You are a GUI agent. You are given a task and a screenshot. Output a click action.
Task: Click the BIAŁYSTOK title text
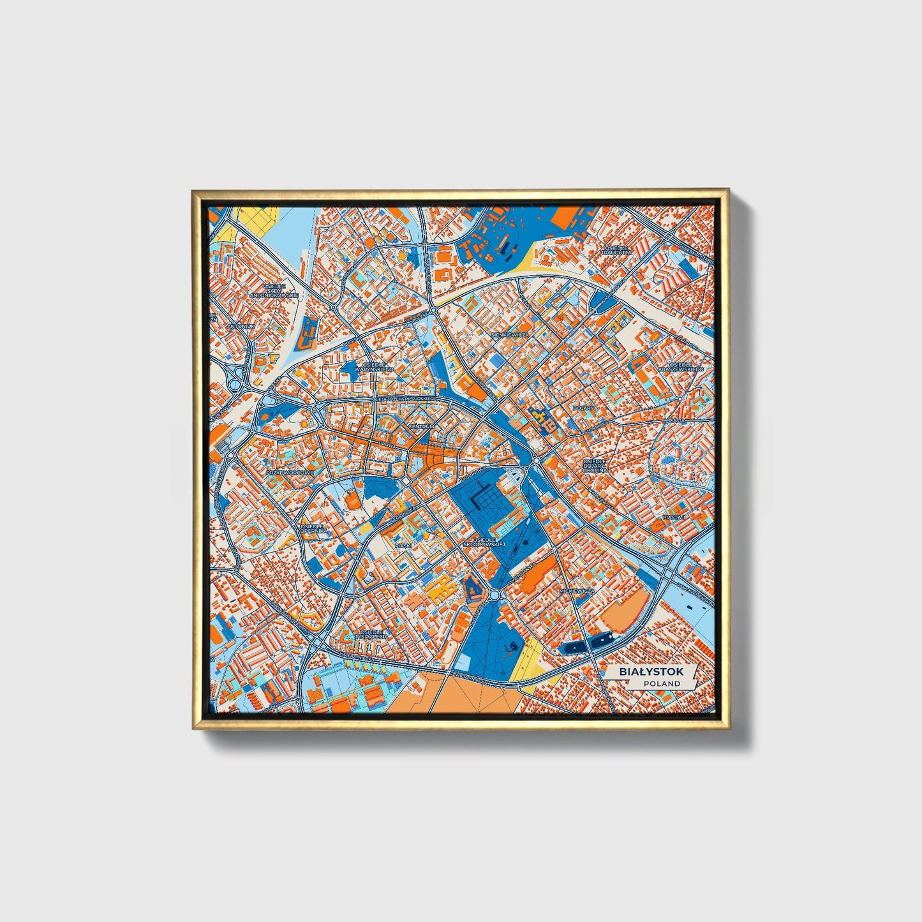click(651, 672)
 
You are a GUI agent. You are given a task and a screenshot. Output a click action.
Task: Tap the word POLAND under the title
click(662, 683)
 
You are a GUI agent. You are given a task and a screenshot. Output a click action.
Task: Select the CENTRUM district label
click(421, 426)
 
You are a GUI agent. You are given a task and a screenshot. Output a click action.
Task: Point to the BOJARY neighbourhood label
click(583, 408)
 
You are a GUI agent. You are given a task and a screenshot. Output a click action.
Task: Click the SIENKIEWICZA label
click(510, 334)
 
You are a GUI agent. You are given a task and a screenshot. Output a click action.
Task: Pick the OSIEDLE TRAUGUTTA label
click(616, 250)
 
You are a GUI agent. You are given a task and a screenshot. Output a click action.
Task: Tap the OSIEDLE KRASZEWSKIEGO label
click(681, 366)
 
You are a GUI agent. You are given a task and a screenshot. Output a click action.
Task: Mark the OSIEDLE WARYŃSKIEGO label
click(374, 367)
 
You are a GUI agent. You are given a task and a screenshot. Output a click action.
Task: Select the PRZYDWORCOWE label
click(290, 473)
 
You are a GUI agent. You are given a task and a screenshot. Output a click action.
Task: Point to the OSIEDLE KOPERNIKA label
click(313, 528)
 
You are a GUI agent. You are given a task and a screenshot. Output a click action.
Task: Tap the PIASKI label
click(403, 546)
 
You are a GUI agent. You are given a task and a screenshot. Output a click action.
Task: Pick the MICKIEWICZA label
click(576, 591)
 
